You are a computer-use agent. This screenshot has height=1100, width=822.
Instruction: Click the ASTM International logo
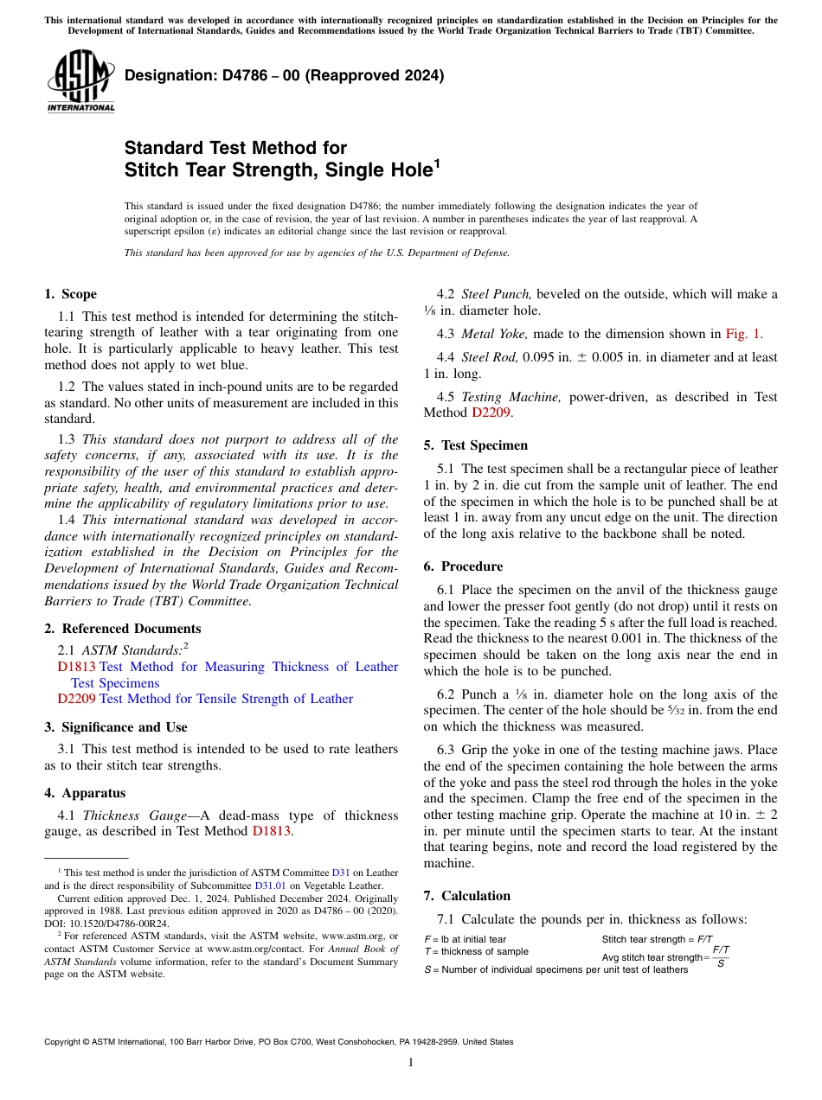pyautogui.click(x=80, y=81)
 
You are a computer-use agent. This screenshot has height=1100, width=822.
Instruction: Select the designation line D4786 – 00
pyautogui.click(x=284, y=75)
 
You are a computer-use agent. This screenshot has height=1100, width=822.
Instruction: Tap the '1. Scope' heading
pyautogui.click(x=70, y=294)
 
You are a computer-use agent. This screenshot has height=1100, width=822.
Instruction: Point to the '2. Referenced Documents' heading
pyautogui.click(x=122, y=629)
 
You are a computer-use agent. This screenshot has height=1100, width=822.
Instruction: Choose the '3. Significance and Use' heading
pyautogui.click(x=115, y=727)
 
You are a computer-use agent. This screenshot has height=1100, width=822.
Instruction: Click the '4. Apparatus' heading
pyautogui.click(x=85, y=793)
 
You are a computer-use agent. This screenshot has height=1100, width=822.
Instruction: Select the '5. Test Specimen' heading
pyautogui.click(x=475, y=445)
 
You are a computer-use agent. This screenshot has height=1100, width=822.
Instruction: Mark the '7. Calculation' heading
pyautogui.click(x=466, y=896)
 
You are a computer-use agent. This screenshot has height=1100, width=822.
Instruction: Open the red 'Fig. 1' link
pyautogui.click(x=742, y=334)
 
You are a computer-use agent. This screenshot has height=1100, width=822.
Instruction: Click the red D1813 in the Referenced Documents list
pyautogui.click(x=76, y=667)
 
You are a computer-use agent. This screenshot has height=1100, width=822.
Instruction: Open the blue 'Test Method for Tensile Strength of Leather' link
pyautogui.click(x=227, y=699)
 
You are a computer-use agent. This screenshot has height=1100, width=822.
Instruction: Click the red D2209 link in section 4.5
pyautogui.click(x=492, y=412)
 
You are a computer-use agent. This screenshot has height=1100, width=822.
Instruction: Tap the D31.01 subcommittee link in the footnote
pyautogui.click(x=267, y=886)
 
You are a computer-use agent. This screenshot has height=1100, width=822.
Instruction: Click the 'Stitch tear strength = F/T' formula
pyautogui.click(x=657, y=938)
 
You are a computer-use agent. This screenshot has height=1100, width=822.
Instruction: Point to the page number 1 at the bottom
pyautogui.click(x=411, y=1063)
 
